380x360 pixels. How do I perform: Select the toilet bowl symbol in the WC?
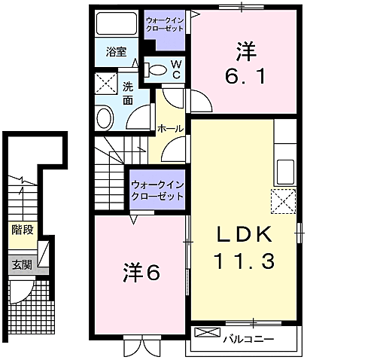157,70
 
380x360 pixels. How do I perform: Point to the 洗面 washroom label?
128,93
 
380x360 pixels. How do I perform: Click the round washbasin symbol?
105,117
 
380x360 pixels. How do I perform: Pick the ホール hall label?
170,130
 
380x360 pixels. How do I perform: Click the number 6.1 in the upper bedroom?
244,76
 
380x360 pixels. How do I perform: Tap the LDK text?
245,234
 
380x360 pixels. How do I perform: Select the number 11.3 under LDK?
245,261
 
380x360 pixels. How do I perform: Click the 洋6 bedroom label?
141,273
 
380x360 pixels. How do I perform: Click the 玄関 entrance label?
22,264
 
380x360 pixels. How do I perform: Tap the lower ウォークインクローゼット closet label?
157,190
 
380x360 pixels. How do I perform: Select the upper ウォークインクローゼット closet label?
164,22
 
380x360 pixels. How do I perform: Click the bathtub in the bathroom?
118,24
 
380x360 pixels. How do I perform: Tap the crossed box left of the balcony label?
204,332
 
